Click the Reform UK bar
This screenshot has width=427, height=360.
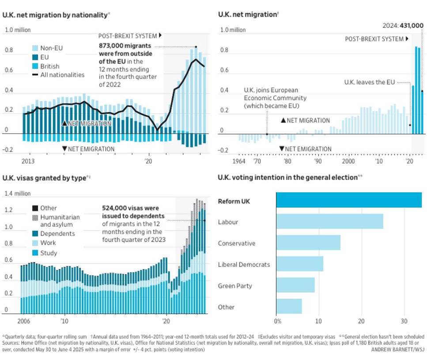349,200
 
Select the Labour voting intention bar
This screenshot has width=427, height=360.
329,221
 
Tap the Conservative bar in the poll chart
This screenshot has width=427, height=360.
308,243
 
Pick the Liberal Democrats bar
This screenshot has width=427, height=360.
299,264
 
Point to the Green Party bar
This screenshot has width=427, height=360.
295,285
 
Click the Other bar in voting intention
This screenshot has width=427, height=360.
289,307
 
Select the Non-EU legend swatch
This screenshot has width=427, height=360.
35,48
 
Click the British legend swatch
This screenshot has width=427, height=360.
35,66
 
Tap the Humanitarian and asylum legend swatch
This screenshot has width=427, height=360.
35,217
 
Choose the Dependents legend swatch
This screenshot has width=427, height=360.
35,233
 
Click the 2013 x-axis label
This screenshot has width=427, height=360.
28,161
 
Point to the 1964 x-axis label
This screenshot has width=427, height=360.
239,161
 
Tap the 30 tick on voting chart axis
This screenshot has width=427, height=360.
404,321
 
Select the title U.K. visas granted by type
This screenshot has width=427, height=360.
46,178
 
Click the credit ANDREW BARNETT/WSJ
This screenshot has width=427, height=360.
397,349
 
